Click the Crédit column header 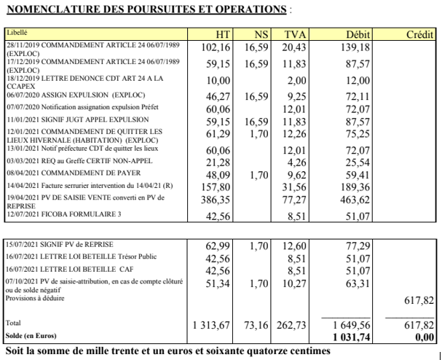point(419,35)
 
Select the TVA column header point(295,35)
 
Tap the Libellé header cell point(17,33)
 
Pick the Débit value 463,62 point(355,200)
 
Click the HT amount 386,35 point(216,200)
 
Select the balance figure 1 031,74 point(351,337)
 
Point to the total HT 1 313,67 point(211,325)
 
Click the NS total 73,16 point(256,325)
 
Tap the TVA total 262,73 point(291,325)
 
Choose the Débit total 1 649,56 point(351,325)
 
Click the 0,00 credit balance point(425,337)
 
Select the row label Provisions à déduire point(35,298)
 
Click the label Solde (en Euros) point(31,336)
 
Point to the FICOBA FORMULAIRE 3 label point(64,214)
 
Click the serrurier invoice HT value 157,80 point(216,187)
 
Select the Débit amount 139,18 point(355,47)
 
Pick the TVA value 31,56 point(294,187)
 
